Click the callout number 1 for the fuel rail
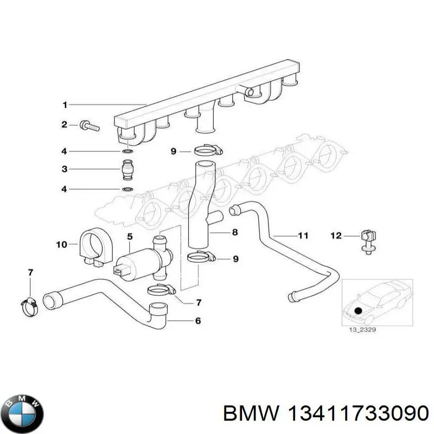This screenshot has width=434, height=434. pos(64,104)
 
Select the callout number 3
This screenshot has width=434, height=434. pos(64,169)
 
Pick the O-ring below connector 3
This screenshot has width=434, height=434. pos(127,189)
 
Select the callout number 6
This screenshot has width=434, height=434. pos(197,321)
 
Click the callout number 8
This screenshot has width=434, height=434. pos(235,233)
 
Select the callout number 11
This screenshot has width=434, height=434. pos(303,235)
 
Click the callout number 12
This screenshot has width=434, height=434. pos(336,235)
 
